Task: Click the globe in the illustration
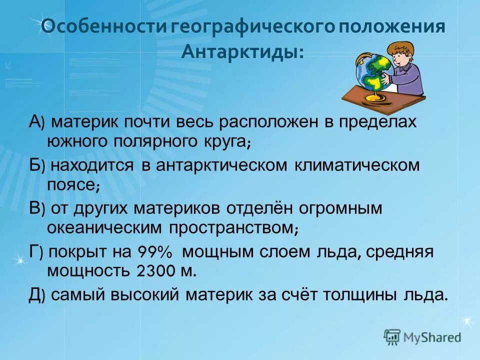pyautogui.click(x=374, y=73)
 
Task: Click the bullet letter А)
pyautogui.click(x=37, y=122)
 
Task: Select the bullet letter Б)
pyautogui.click(x=37, y=165)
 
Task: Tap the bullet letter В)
pyautogui.click(x=37, y=208)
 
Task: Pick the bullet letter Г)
pyautogui.click(x=36, y=251)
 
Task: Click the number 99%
pyautogui.click(x=153, y=252)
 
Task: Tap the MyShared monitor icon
pyautogui.click(x=392, y=337)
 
